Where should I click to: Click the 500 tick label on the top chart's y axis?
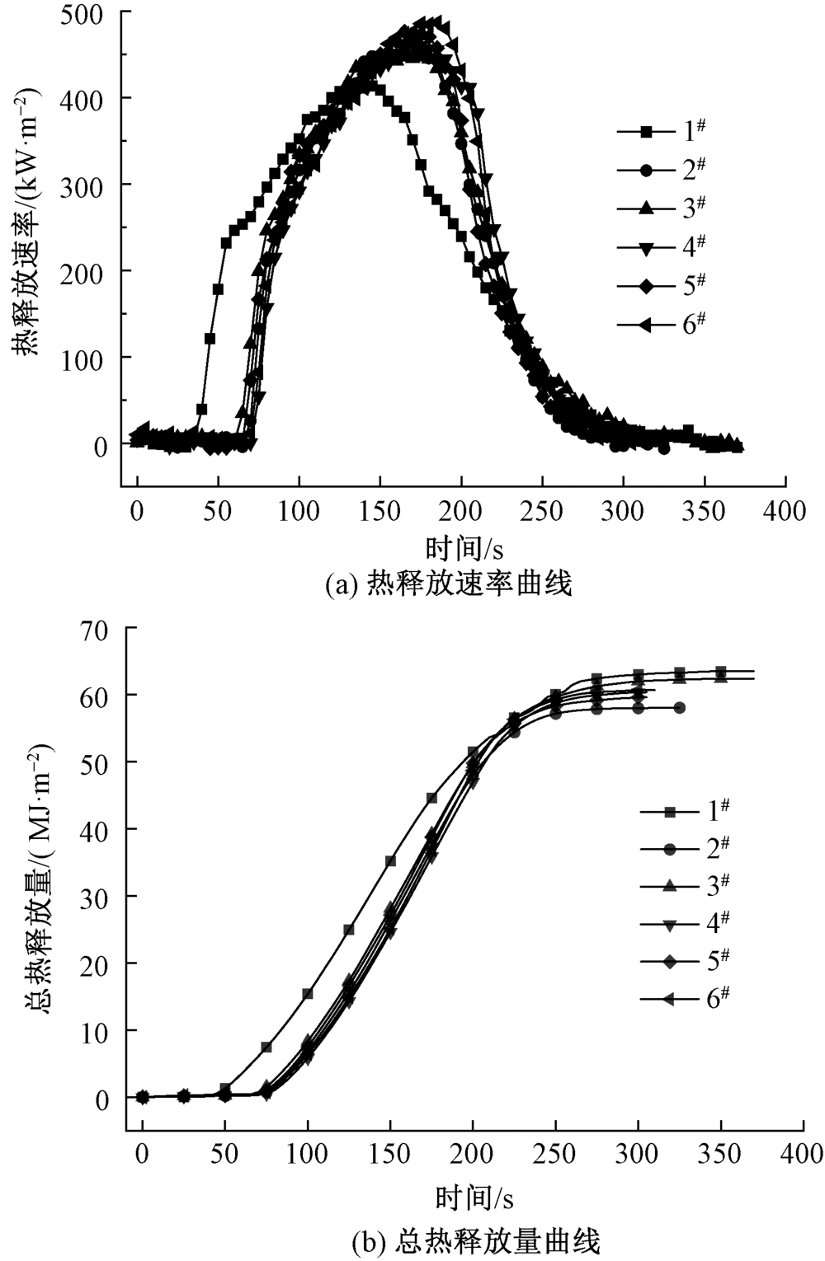pyautogui.click(x=90, y=14)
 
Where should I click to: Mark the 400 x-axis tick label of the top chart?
pyautogui.click(x=784, y=511)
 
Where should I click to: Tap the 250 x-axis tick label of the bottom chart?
pyautogui.click(x=555, y=1154)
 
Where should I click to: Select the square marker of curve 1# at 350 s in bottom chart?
pyautogui.click(x=720, y=672)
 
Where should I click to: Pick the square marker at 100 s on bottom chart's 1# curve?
pyautogui.click(x=308, y=994)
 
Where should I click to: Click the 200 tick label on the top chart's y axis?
pyautogui.click(x=90, y=272)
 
